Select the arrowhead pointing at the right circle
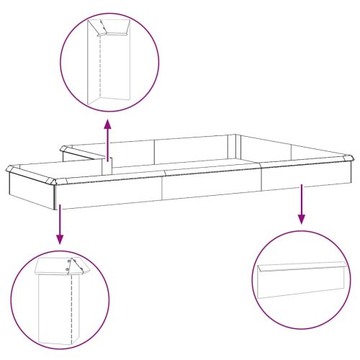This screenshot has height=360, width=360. (x=302, y=218)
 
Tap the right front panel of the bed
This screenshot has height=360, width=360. (x=310, y=179)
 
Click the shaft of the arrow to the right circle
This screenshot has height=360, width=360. (x=302, y=202)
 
